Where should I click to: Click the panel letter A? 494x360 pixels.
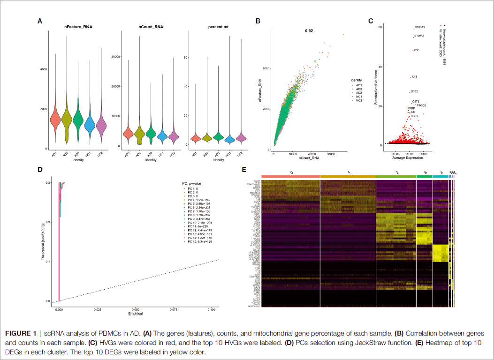(40, 21)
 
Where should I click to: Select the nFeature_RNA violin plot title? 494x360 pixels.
(78, 27)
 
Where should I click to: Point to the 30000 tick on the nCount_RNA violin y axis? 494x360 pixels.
(113, 56)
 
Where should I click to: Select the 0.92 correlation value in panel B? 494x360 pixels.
(309, 30)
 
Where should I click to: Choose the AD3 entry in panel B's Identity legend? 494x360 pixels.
(359, 93)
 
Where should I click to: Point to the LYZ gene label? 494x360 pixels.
(416, 50)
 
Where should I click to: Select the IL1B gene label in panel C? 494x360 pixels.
(414, 76)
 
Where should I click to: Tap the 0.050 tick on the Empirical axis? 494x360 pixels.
(135, 310)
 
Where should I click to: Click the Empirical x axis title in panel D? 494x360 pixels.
(135, 314)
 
